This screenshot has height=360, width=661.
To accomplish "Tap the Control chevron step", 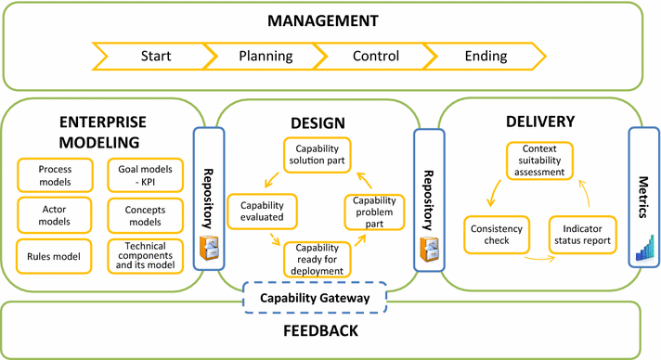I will [376, 56].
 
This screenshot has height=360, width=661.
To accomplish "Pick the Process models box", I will [56, 174].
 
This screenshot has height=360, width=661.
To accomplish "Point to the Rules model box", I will [56, 256].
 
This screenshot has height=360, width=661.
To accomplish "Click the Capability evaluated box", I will [267, 210].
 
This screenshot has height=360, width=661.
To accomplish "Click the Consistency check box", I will [497, 235].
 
